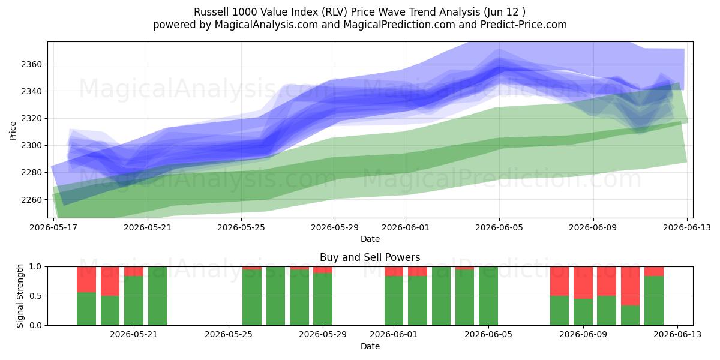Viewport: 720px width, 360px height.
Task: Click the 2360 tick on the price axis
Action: tap(31, 64)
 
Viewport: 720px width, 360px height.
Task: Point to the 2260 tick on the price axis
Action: tap(31, 200)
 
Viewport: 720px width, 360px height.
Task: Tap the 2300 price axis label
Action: tap(31, 146)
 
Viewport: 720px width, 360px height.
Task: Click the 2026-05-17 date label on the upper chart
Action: tap(53, 228)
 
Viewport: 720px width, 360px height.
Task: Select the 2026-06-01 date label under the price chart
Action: tap(406, 228)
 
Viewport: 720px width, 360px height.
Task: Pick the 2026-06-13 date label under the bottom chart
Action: tap(677, 335)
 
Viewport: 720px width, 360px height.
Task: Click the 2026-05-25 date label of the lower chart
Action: tap(229, 335)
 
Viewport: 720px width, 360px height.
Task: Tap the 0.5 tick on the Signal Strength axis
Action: tap(35, 296)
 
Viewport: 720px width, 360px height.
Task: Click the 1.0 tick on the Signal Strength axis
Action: tap(35, 267)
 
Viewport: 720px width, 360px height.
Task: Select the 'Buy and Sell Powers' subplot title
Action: tap(370, 257)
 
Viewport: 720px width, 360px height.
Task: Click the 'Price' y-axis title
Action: tap(13, 131)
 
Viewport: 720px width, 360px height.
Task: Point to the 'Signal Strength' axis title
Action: tap(20, 296)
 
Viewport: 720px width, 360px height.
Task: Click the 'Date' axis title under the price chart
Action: tap(370, 239)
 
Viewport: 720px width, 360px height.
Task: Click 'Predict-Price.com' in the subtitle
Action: tap(524, 25)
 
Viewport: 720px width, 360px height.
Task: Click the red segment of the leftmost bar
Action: tap(86, 280)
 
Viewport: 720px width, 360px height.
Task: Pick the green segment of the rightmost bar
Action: tap(654, 301)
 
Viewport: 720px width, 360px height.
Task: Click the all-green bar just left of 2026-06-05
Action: tap(488, 296)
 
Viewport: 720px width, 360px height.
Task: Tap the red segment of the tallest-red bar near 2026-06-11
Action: tap(631, 286)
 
